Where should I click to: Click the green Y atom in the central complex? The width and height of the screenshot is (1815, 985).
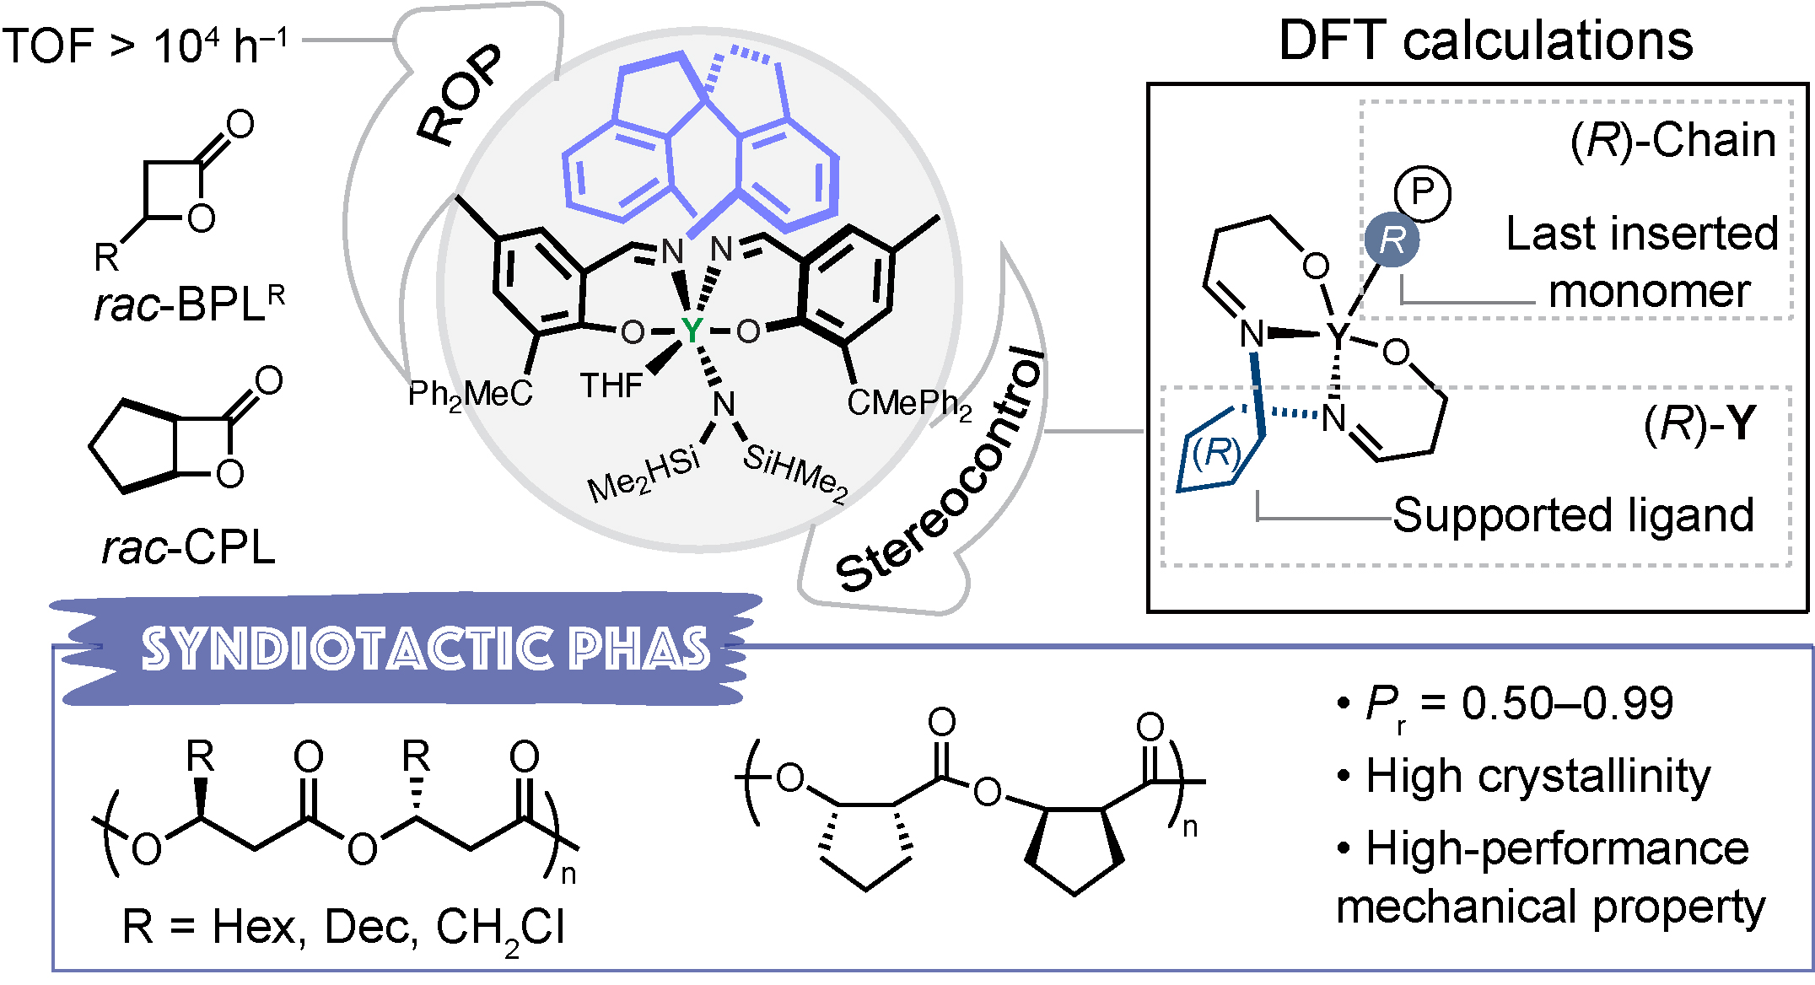point(692,331)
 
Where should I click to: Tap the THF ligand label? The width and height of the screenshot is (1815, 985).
point(611,386)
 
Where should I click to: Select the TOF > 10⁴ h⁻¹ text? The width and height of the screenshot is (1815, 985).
point(145,45)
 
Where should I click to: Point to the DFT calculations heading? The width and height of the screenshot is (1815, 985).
point(1485,40)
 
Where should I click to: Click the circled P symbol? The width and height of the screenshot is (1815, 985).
point(1422,193)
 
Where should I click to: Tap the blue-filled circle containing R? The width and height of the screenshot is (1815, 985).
point(1392,240)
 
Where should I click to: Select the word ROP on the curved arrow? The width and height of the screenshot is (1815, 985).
point(460,94)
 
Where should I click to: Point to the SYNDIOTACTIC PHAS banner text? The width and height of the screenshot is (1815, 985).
point(426,649)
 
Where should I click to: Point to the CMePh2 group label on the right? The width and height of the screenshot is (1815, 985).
point(909,404)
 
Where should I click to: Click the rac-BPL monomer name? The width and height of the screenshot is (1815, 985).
point(189,304)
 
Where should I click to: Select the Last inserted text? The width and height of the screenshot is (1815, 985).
point(1641,234)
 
